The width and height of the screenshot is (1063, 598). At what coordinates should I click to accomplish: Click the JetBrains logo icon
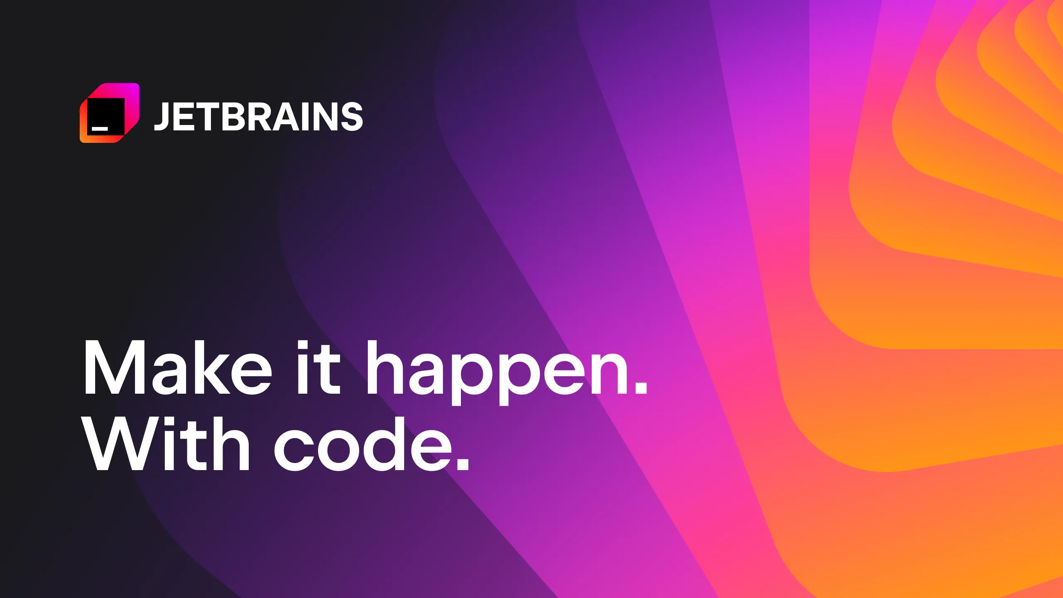[110, 113]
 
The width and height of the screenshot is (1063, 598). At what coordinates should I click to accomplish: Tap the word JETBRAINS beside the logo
[258, 117]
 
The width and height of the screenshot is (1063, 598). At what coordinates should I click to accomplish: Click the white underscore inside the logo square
[100, 128]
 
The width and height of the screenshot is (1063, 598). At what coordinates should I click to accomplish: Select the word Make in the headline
[178, 368]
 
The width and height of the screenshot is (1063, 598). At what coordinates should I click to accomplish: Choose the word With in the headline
[166, 444]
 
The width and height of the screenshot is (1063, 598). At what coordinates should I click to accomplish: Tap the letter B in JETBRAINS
[235, 117]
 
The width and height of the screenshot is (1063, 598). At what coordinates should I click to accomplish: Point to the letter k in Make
[212, 368]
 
